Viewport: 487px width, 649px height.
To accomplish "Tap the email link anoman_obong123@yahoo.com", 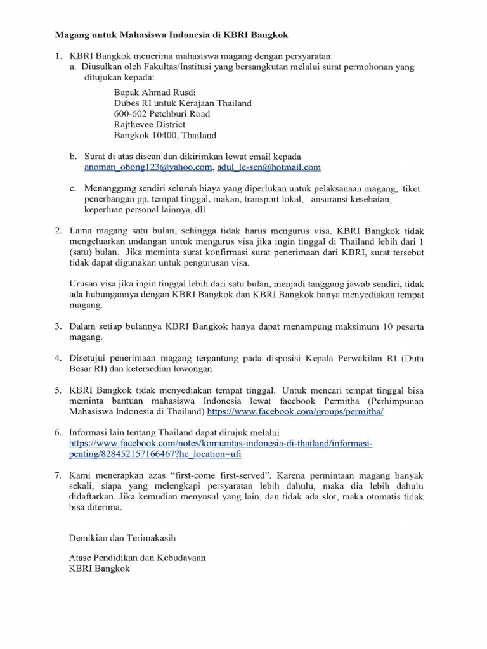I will (x=148, y=167).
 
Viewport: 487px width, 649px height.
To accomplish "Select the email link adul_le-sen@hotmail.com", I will (x=269, y=167).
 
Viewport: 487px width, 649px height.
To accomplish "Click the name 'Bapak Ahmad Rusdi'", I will (x=150, y=92).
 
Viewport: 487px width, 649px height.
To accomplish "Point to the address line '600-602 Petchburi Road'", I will (x=162, y=113).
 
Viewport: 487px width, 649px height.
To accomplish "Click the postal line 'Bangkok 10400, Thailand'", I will (x=165, y=135).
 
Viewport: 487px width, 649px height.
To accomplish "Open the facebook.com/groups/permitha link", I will (x=295, y=411).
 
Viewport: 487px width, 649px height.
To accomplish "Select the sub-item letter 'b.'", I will (x=73, y=157).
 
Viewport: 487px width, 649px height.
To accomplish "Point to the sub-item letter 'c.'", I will (x=73, y=189).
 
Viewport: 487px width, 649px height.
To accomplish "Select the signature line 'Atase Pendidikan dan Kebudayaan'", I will (x=137, y=558).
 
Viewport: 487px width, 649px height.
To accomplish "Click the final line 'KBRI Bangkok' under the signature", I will (x=99, y=569).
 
